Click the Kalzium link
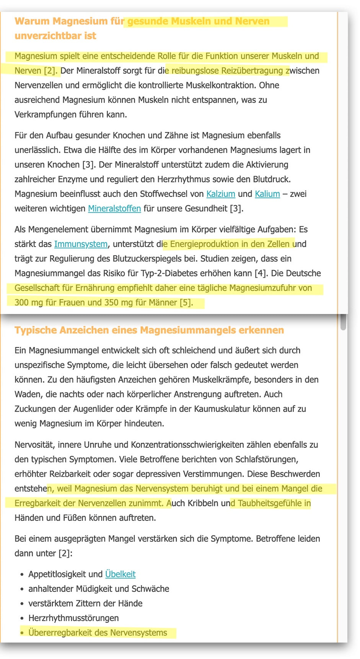221,194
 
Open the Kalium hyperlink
267,194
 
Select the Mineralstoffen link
114,208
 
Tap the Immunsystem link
81,244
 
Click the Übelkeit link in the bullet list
120,574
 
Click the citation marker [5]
186,303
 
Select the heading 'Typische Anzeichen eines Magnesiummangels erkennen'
149,330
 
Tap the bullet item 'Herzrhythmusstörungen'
73,618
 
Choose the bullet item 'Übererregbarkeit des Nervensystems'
98,633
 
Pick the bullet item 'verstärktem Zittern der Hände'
85,604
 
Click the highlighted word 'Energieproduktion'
203,244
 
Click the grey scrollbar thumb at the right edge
343,322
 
